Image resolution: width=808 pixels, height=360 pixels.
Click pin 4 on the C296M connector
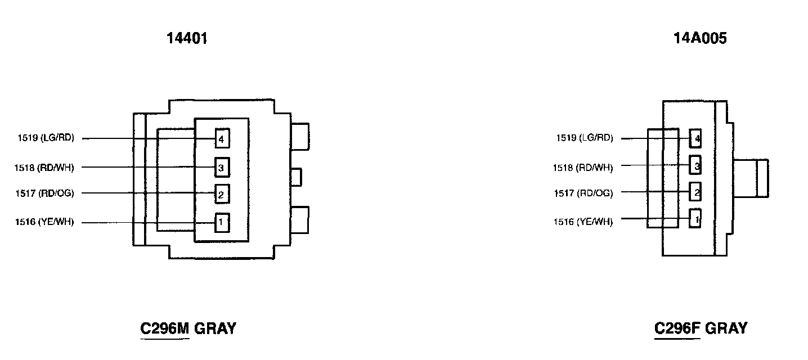pyautogui.click(x=221, y=138)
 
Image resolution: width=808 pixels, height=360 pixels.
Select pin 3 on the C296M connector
pyautogui.click(x=221, y=167)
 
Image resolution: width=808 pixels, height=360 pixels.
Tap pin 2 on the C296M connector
pyautogui.click(x=221, y=195)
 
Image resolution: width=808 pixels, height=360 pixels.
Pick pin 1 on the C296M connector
pyautogui.click(x=221, y=223)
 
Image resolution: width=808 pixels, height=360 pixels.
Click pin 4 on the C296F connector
pyautogui.click(x=696, y=138)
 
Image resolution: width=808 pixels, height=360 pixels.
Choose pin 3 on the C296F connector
pyautogui.click(x=696, y=165)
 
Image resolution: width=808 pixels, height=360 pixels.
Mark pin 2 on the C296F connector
pyautogui.click(x=696, y=192)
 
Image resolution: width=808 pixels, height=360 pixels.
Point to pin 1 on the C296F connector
pyautogui.click(x=696, y=218)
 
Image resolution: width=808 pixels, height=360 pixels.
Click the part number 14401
pyautogui.click(x=187, y=38)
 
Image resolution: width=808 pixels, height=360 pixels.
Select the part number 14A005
pyautogui.click(x=700, y=38)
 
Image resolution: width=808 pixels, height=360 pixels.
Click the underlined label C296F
pyautogui.click(x=677, y=328)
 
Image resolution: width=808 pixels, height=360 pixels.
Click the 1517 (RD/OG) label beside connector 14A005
pyautogui.click(x=583, y=193)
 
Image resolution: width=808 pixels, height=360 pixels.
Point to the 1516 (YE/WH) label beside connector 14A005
pyautogui.click(x=583, y=222)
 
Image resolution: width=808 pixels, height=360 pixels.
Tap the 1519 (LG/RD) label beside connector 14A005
pyautogui.click(x=584, y=138)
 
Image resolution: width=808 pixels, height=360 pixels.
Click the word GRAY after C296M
pyautogui.click(x=215, y=328)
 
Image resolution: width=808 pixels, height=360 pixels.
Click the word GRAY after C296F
pyautogui.click(x=726, y=328)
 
